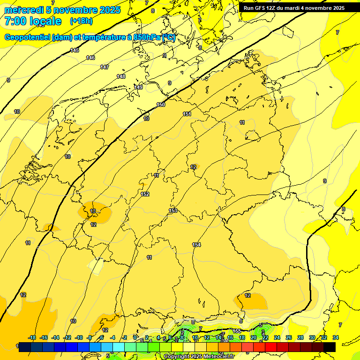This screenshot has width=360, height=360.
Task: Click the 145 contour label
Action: [x=75, y=50]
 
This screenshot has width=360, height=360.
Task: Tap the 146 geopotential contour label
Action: [x=90, y=58]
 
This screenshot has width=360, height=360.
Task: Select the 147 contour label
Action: [x=105, y=67]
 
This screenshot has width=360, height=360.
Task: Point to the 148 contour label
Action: [x=121, y=76]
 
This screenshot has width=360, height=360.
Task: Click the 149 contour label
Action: [x=138, y=87]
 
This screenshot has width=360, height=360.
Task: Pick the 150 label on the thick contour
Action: [x=161, y=105]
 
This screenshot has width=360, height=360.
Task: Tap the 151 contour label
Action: [x=187, y=114]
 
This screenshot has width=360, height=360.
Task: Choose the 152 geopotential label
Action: [x=145, y=194]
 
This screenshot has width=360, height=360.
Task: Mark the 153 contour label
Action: [x=173, y=210]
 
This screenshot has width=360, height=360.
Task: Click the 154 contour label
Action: [x=196, y=245]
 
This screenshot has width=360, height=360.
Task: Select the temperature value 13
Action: [x=93, y=211]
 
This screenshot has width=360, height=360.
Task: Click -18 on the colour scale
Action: [x=32, y=337]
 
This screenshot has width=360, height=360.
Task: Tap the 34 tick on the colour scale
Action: [x=336, y=337]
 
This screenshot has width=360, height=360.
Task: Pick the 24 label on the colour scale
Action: [x=277, y=337]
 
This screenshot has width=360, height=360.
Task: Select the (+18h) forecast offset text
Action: [x=81, y=21]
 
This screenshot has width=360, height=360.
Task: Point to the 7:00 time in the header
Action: [x=16, y=21]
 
